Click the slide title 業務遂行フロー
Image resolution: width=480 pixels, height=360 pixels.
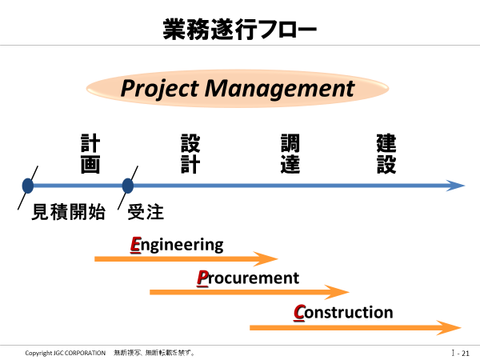click(x=240, y=29)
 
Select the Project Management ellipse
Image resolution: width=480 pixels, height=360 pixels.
click(x=238, y=89)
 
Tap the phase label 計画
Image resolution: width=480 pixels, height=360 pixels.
click(x=90, y=154)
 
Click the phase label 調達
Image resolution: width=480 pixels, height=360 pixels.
click(x=290, y=154)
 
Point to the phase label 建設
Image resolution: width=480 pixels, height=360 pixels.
click(x=386, y=154)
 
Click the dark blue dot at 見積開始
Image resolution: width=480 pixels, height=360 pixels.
click(x=28, y=186)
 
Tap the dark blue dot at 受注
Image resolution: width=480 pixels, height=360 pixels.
click(x=128, y=186)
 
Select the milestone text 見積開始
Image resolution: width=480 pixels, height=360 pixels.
click(x=69, y=212)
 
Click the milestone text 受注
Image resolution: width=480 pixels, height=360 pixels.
click(x=146, y=212)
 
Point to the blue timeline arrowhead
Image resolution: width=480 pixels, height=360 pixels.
click(x=456, y=186)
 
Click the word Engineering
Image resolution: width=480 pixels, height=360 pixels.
click(x=177, y=246)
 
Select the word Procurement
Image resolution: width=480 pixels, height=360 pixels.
click(x=248, y=278)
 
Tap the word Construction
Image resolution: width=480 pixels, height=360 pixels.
click(x=343, y=313)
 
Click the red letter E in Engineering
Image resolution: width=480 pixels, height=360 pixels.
click(x=136, y=245)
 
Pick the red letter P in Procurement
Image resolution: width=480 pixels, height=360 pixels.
click(x=202, y=278)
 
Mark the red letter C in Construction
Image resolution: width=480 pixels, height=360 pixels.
click(x=299, y=313)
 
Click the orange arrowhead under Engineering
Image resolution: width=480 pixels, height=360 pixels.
click(x=266, y=259)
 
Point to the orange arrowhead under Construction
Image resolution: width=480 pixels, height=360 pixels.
click(x=449, y=327)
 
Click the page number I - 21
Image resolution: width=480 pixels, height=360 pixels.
click(x=461, y=353)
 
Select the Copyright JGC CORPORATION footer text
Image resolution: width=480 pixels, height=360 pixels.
click(x=66, y=353)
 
